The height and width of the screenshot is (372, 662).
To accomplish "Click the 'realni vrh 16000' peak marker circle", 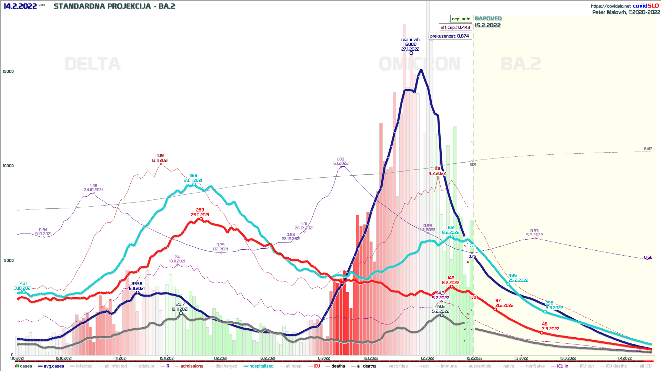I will (411, 53).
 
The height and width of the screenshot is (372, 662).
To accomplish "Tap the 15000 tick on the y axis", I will (8, 72).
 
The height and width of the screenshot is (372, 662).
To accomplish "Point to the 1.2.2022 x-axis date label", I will (428, 358).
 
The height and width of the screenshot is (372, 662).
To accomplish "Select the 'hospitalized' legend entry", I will (261, 366).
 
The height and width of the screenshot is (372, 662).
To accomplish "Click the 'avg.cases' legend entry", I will (53, 366).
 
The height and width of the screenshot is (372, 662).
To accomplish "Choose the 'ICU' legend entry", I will (317, 366).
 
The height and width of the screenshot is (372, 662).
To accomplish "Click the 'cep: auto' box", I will (461, 19).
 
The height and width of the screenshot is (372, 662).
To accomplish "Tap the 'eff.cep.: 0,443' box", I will (455, 27).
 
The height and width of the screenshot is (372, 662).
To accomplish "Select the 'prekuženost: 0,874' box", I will (450, 36).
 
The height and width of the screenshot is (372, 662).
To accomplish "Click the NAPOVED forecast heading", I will (488, 19).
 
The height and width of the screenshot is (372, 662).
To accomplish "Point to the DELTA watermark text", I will (93, 64).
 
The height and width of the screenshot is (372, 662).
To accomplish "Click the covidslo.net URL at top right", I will (610, 6).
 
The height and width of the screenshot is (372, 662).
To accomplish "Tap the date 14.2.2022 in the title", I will (20, 6).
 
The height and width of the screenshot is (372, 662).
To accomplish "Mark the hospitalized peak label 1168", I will (193, 176).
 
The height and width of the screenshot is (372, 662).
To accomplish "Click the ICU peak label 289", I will (200, 210).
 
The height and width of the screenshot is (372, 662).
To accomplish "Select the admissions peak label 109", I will (160, 156).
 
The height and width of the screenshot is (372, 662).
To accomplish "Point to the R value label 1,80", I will (341, 159).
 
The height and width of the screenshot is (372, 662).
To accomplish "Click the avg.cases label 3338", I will (137, 284).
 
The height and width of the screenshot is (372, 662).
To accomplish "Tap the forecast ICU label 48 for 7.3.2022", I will (545, 324).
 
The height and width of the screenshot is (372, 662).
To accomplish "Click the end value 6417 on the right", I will (648, 149).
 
